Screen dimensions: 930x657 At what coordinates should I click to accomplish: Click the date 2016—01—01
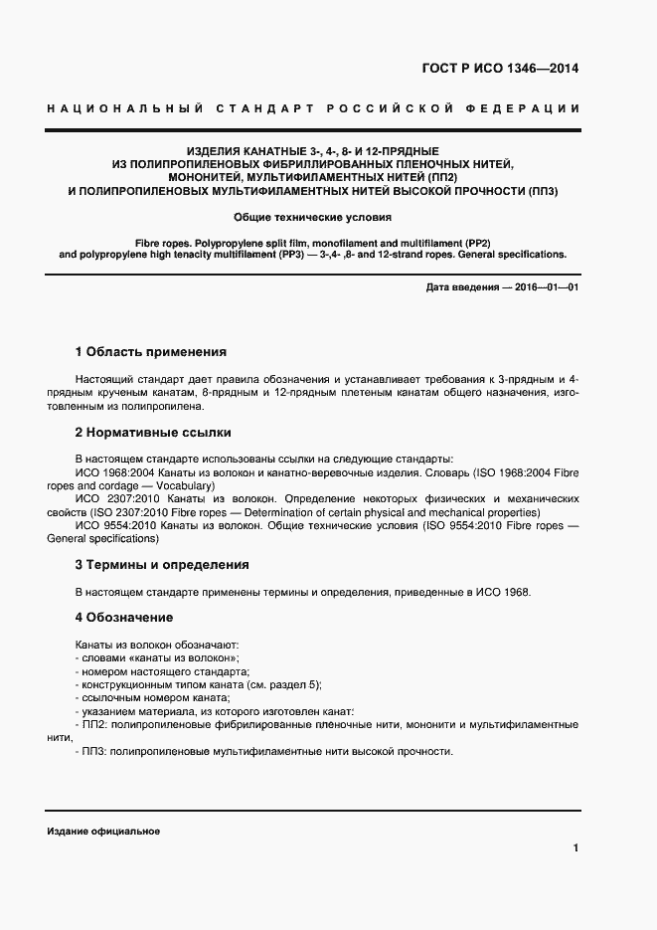pos(545,288)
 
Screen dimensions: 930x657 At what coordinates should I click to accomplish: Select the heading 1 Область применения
pos(151,352)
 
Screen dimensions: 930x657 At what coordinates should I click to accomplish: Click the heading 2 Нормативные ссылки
pos(153,433)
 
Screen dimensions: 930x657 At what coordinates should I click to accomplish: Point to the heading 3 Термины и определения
pos(162,565)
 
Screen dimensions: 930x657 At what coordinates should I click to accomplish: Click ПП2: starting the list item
pos(94,726)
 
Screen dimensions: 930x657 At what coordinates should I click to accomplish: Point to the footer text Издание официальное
pos(103,832)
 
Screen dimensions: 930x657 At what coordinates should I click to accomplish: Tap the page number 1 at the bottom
pos(575,848)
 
